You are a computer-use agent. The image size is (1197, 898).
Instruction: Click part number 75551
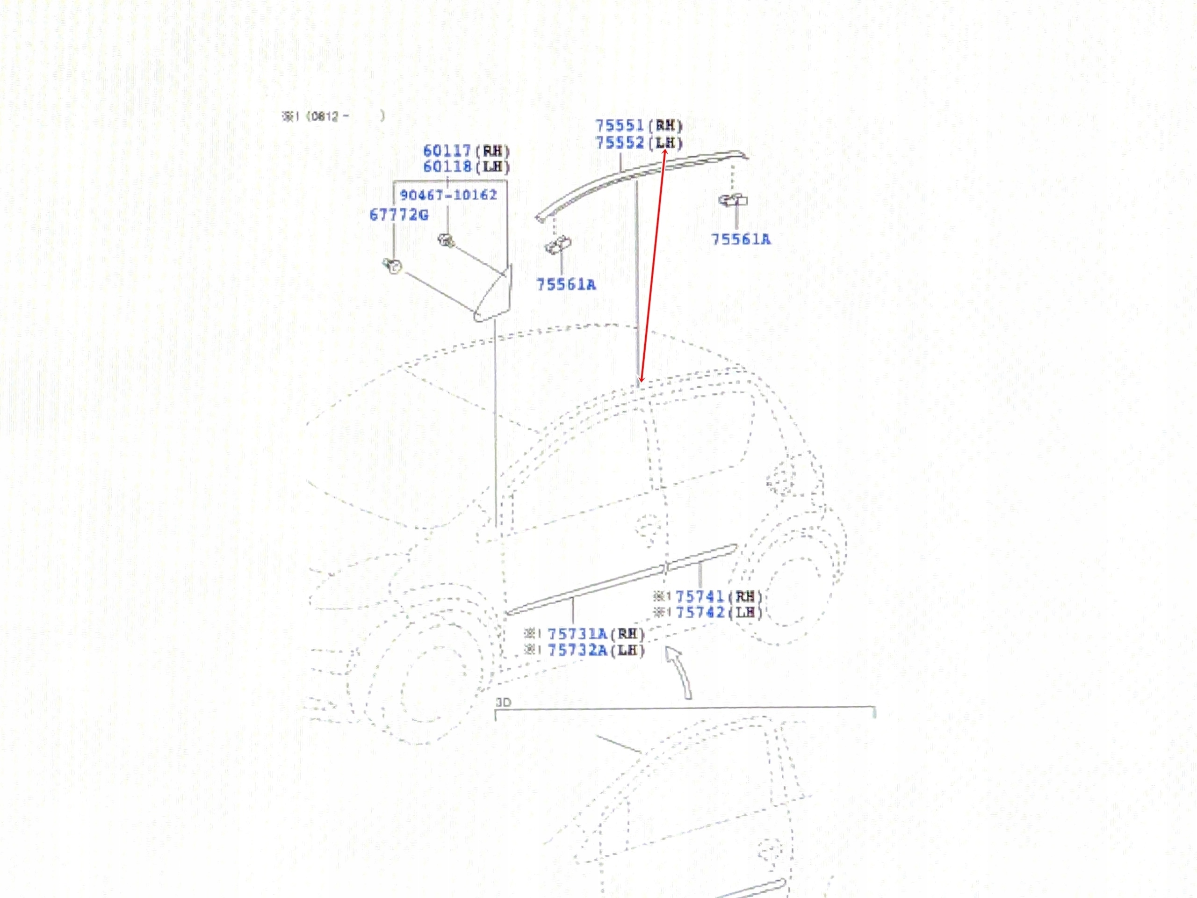pyautogui.click(x=620, y=125)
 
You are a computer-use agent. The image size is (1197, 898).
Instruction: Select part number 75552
pyautogui.click(x=620, y=143)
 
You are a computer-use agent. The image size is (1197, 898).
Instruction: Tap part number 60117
pyautogui.click(x=447, y=151)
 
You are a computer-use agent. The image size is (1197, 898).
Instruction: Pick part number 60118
pyautogui.click(x=447, y=167)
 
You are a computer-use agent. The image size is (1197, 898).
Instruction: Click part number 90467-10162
pyautogui.click(x=448, y=195)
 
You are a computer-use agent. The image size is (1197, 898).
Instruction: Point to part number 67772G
pyautogui.click(x=399, y=215)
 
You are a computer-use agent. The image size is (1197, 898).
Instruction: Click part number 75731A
pyautogui.click(x=577, y=634)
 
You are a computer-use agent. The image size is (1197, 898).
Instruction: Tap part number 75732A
pyautogui.click(x=577, y=650)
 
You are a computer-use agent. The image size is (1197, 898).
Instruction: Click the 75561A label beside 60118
pyautogui.click(x=566, y=285)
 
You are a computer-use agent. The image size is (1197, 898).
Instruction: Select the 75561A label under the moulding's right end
pyautogui.click(x=740, y=239)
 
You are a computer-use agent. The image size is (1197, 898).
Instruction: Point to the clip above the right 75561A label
pyautogui.click(x=733, y=200)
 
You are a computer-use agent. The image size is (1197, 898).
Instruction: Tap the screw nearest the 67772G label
pyautogui.click(x=392, y=266)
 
